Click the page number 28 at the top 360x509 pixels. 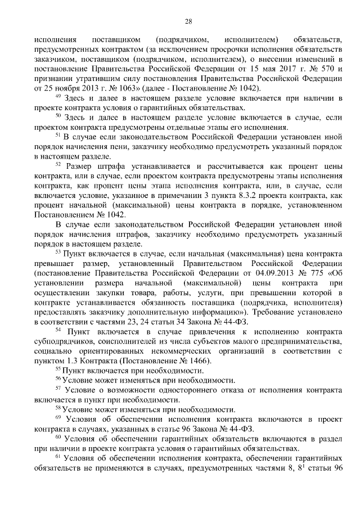pyautogui.click(x=188, y=22)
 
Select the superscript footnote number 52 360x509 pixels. pyautogui.click(x=58, y=164)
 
